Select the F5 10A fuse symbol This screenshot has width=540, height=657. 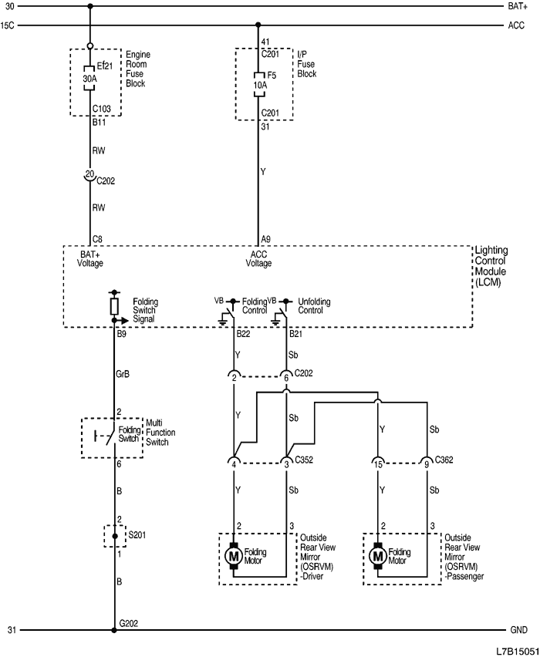(258, 86)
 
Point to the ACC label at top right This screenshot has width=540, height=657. (516, 25)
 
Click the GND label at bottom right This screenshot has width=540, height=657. (518, 630)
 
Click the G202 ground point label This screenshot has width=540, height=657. (128, 622)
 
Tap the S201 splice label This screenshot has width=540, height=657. (137, 533)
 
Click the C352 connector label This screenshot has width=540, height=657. (304, 460)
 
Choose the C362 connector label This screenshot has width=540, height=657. (444, 460)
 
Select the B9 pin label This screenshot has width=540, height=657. (122, 335)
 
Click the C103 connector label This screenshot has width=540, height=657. (102, 109)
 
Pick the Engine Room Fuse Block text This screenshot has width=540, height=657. (137, 69)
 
